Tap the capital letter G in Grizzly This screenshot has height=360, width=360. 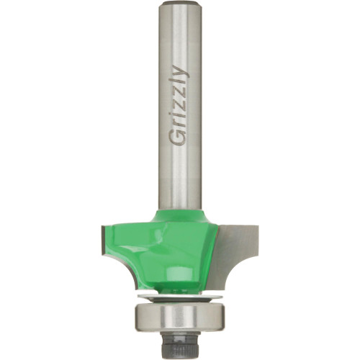tap(178, 140)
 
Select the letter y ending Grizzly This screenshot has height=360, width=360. tap(179, 71)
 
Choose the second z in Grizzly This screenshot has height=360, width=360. tap(179, 92)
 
